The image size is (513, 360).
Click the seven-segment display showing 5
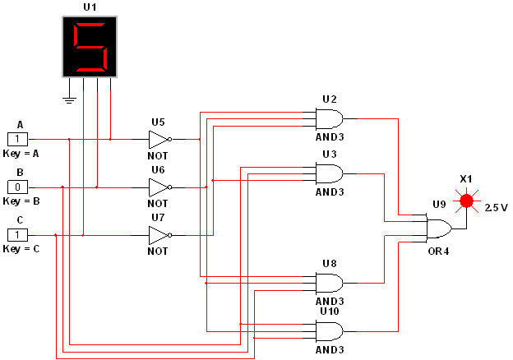tap(90, 47)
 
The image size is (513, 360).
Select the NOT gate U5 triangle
tap(158, 139)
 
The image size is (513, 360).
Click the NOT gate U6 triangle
tap(158, 187)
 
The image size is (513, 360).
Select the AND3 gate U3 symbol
tap(329, 173)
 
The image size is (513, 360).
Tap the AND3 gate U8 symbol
tap(329, 283)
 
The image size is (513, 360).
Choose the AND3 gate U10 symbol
tap(329, 331)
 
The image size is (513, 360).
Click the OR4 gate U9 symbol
tap(437, 228)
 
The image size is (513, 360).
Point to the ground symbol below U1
tap(70, 100)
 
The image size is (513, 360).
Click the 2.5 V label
tap(496, 207)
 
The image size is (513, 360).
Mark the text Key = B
tap(21, 200)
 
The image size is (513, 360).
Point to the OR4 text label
tap(438, 250)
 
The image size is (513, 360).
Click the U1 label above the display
tap(90, 7)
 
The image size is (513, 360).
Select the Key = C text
tap(21, 247)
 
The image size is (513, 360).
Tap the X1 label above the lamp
tap(466, 178)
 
